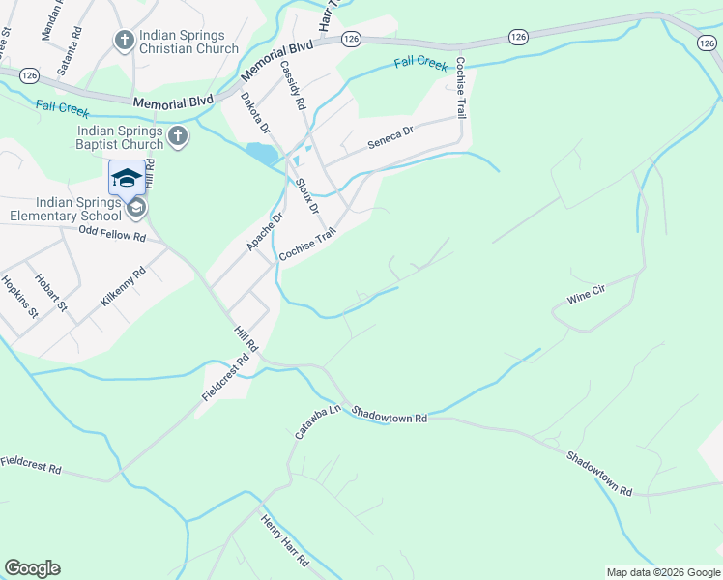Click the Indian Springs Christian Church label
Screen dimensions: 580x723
(x=188, y=42)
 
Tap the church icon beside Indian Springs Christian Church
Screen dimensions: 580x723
(x=124, y=41)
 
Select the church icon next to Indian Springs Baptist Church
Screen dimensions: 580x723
(x=177, y=137)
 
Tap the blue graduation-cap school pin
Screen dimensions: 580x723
(x=127, y=179)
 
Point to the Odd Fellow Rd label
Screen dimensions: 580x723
(x=112, y=235)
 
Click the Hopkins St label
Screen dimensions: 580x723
(x=19, y=298)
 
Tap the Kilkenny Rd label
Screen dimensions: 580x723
(x=122, y=287)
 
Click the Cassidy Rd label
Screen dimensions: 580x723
(x=292, y=84)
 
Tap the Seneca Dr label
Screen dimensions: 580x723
(x=390, y=141)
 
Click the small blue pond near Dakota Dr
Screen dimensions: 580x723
(x=261, y=153)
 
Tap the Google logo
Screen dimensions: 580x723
(x=32, y=568)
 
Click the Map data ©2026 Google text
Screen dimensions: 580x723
(x=662, y=572)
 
